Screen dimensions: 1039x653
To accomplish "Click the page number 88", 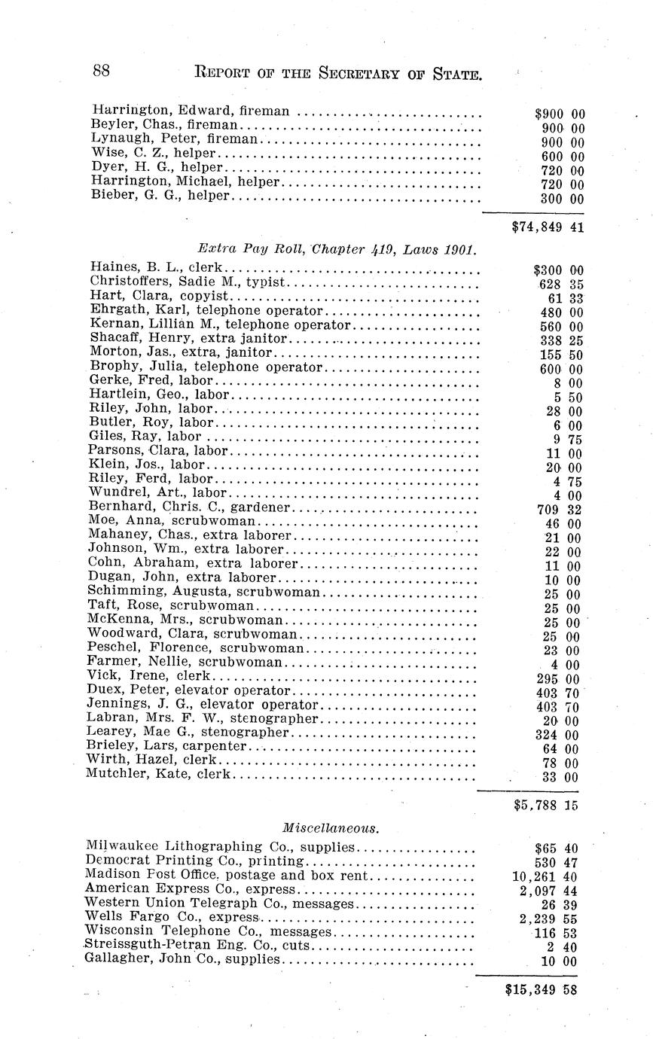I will [102, 72].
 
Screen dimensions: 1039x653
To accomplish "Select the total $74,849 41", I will [548, 226].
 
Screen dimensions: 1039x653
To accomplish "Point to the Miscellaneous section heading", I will [331, 827].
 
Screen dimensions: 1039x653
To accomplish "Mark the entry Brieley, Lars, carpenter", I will [166, 746].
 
